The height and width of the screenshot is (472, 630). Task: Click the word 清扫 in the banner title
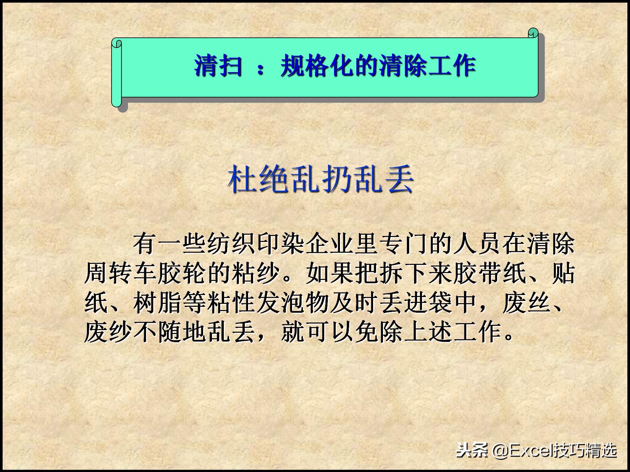218,66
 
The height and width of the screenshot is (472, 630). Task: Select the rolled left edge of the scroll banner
117,74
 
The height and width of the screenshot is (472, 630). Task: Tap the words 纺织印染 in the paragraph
244,244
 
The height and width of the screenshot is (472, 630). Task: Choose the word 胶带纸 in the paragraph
490,273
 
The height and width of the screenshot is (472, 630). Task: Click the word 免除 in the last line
379,332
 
